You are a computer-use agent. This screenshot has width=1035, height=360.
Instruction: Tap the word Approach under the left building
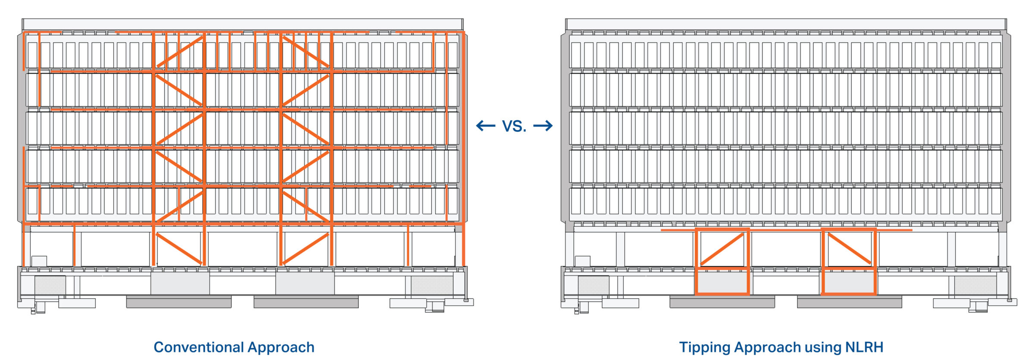coord(281,347)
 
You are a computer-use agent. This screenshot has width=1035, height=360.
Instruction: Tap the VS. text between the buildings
coord(514,126)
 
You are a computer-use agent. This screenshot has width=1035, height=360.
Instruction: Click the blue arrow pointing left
coord(486,126)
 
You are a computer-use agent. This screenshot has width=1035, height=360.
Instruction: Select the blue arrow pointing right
coord(543,126)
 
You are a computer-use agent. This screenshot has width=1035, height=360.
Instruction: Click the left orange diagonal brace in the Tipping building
coord(723,249)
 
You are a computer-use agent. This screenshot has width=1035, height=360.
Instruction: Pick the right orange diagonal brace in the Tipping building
coord(849,249)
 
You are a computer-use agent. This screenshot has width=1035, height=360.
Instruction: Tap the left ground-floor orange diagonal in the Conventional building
coord(179,249)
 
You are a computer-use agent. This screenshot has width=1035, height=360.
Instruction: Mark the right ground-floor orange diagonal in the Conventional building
coord(306,249)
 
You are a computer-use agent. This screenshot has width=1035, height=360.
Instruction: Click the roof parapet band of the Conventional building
coord(242,24)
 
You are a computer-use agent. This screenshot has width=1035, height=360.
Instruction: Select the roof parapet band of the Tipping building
coord(786,24)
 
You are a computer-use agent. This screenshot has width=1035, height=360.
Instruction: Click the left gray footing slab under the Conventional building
coord(179,302)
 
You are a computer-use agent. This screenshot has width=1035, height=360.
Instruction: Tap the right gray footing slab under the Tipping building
coord(849,302)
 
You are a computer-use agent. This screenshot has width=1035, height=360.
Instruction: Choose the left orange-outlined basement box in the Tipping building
coord(722,281)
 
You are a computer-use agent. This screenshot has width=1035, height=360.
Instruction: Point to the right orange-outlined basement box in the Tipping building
coord(849,281)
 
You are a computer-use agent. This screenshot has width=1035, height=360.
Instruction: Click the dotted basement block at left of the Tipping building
coord(593,285)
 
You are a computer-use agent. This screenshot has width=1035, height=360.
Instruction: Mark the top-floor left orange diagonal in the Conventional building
coord(180,52)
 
